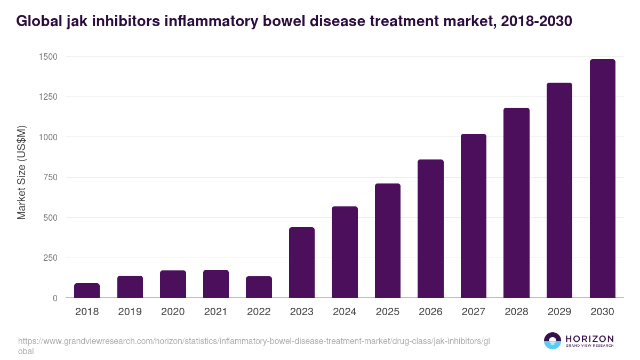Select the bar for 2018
[87, 291]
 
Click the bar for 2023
[302, 262]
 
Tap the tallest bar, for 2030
[603, 179]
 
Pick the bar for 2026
[430, 229]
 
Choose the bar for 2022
[259, 287]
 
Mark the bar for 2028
[516, 203]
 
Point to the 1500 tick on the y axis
[47, 57]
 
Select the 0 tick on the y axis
[55, 299]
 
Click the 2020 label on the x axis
[173, 312]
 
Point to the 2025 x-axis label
[388, 312]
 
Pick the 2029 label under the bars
[559, 312]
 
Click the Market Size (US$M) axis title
[21, 172]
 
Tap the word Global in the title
[42, 21]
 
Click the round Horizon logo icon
[552, 341]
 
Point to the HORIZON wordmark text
[590, 339]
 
